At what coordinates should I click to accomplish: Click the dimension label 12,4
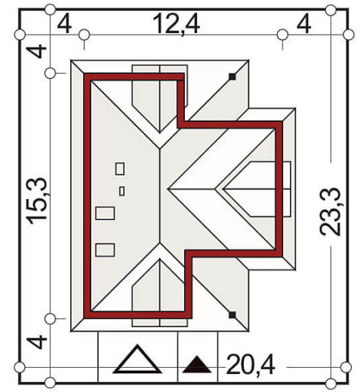176,24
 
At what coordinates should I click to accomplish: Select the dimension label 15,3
38,201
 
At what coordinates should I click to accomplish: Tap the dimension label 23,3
330,212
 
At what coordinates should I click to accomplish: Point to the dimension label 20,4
251,366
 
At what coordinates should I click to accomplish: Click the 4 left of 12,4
64,24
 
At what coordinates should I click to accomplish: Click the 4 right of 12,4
304,24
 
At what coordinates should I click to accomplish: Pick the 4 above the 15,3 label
37,51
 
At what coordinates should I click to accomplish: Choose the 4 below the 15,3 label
37,341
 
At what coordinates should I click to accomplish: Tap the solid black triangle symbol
197,365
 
